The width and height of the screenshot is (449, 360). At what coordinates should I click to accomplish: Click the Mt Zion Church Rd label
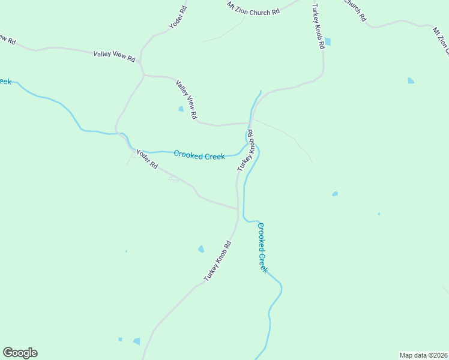pos(254,8)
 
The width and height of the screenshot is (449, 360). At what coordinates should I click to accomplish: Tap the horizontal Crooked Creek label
pos(199,155)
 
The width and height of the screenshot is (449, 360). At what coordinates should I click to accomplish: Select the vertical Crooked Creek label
pos(262,247)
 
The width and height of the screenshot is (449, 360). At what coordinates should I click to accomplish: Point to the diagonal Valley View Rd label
pos(187,99)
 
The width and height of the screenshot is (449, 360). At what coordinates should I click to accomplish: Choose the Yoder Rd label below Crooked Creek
pos(146,159)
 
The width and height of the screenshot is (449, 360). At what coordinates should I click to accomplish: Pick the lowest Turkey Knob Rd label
pos(217,261)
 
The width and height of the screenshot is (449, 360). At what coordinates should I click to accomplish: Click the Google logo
pos(20,353)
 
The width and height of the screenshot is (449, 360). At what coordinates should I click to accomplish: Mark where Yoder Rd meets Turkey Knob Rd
pos(237,208)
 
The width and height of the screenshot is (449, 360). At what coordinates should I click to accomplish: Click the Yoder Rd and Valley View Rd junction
pos(143,75)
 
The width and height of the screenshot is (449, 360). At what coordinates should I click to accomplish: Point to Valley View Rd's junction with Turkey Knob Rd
pos(250,123)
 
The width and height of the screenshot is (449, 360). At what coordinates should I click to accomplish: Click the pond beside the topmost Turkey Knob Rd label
pos(327,42)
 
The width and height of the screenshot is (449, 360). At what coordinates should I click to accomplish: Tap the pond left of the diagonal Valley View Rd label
pos(181,109)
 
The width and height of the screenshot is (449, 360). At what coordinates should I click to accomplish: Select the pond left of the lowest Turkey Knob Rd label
pos(201,249)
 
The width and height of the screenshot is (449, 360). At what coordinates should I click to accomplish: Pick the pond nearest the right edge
pos(411,80)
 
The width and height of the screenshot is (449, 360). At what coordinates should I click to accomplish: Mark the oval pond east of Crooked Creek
pos(335,194)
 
